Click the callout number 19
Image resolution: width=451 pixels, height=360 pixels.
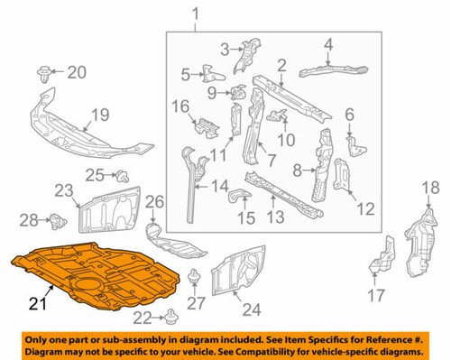pos(99,114)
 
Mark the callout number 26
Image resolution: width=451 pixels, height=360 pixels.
pos(154,200)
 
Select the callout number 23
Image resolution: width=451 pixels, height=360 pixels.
pos(63,189)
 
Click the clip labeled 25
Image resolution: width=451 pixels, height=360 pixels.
pos(124,174)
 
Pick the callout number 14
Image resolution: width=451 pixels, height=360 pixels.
pos(221,188)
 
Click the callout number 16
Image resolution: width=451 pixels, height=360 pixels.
pos(180,107)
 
